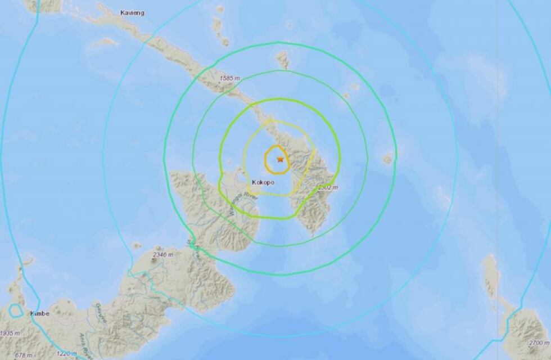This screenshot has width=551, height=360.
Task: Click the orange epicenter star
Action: point(280,159)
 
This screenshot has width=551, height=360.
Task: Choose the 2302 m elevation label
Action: point(326,188)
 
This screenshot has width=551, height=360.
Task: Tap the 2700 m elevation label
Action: point(537,342)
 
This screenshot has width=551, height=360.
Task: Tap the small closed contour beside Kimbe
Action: point(15,311)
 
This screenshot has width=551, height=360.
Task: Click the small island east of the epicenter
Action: point(388,159)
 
